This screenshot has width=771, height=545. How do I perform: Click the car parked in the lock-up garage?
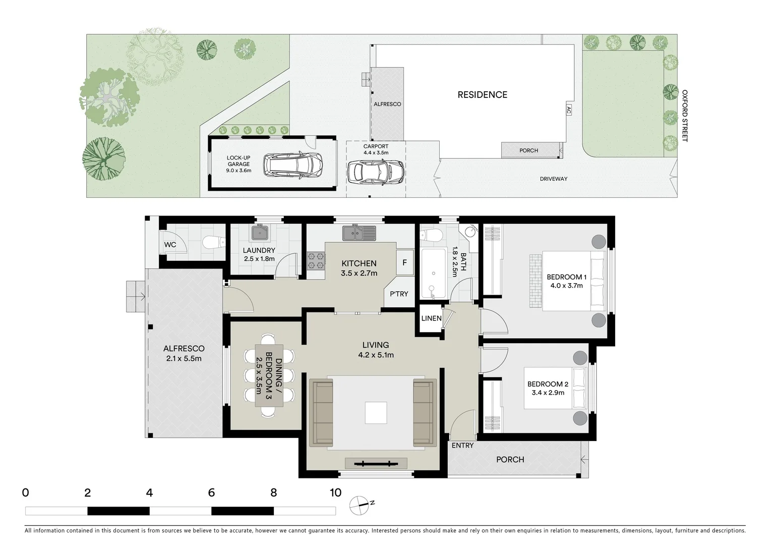292,165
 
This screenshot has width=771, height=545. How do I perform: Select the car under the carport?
376,173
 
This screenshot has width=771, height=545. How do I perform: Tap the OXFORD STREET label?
684,116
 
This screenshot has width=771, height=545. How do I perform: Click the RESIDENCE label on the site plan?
482,95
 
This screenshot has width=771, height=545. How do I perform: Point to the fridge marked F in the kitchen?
404,262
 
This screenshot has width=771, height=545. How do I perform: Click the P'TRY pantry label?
399,294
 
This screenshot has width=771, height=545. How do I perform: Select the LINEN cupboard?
431,318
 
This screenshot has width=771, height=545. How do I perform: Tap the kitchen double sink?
359,233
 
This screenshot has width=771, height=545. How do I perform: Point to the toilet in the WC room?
214,243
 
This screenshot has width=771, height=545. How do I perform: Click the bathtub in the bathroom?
433,273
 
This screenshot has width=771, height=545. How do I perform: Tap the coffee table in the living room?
376,412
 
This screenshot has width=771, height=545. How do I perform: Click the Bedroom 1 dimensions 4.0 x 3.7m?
566,286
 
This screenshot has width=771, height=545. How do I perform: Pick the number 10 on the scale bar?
335,493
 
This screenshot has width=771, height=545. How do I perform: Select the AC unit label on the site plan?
568,111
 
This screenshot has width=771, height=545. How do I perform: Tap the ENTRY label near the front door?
462,445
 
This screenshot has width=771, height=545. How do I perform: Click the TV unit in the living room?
376,463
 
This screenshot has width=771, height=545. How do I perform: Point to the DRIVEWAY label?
553,179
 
